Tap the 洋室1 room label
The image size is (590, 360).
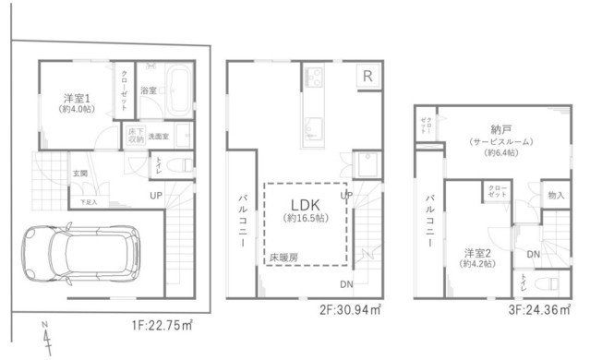click(x=76, y=97)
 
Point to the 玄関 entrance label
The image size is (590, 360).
click(x=79, y=174)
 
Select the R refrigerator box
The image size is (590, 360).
click(x=367, y=77)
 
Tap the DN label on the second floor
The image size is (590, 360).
click(x=345, y=283)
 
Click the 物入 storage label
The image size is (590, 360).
click(x=556, y=196)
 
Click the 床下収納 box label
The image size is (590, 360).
click(x=135, y=135)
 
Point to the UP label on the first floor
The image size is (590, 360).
click(x=156, y=196)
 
